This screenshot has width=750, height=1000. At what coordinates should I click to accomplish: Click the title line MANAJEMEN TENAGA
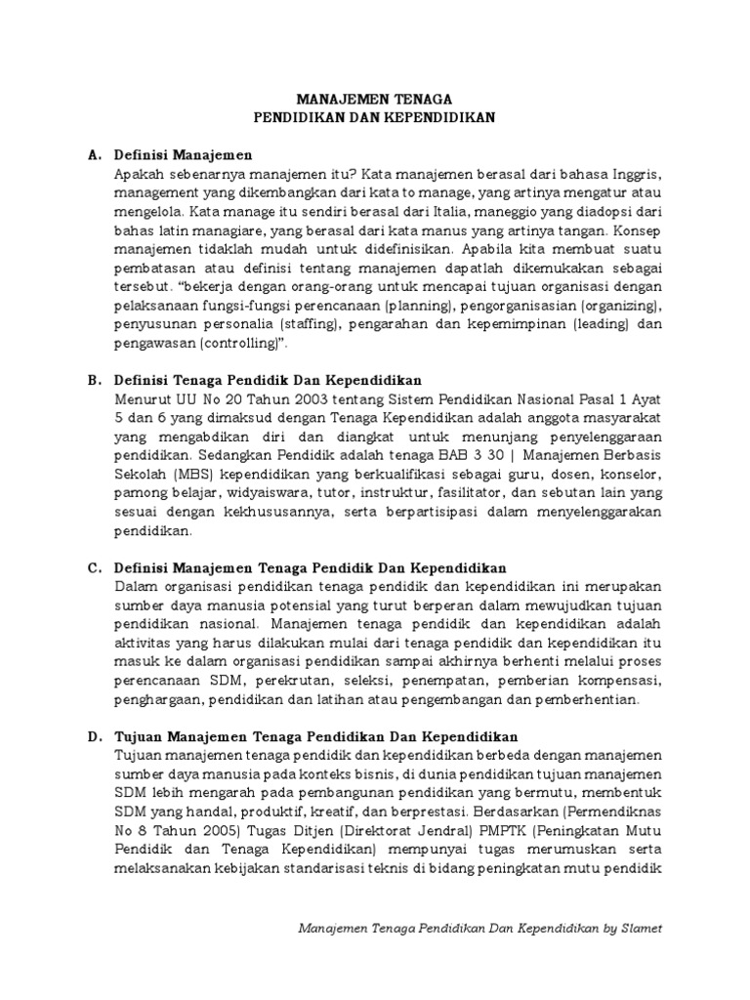(x=375, y=99)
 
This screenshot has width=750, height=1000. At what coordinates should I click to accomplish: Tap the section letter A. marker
(x=95, y=155)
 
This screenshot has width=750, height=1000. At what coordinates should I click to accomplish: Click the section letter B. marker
(x=95, y=380)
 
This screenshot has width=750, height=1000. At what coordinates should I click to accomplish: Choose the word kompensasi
(x=626, y=680)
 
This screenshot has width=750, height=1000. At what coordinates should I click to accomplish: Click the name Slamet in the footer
(x=641, y=929)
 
